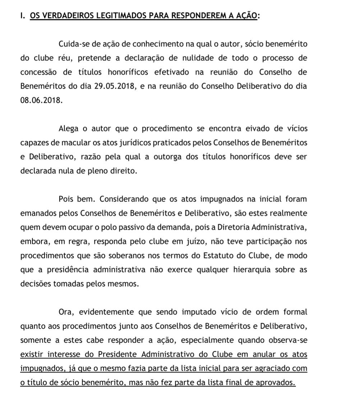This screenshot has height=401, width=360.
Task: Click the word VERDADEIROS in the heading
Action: tap(61, 16)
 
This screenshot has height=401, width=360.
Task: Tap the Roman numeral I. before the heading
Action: tap(23, 16)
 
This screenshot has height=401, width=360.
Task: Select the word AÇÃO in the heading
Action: tap(245, 16)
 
